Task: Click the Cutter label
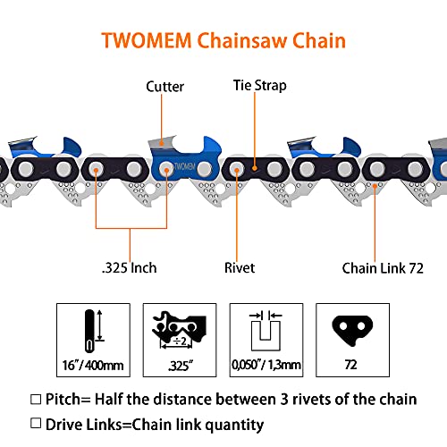tap(165, 87)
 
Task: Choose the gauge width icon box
tap(266, 328)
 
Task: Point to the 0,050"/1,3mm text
tap(266, 366)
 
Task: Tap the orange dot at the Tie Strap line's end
tap(257, 166)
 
